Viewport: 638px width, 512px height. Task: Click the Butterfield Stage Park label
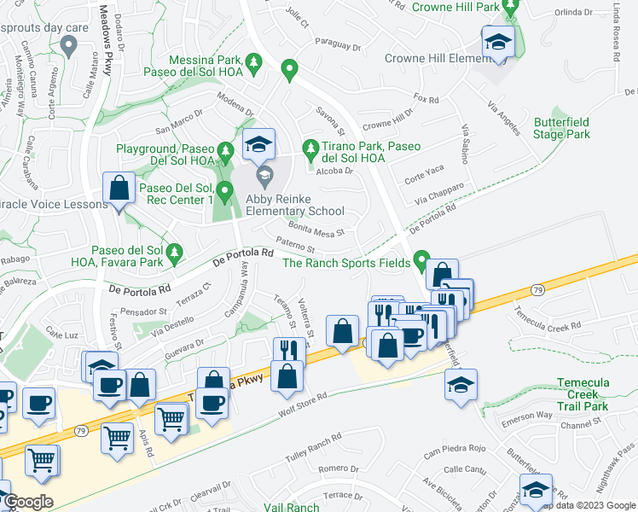coord(561,129)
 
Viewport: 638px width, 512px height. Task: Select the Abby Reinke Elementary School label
coord(294,205)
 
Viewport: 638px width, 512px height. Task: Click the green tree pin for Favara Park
coord(174,253)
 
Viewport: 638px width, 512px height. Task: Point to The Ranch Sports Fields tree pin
coord(420,259)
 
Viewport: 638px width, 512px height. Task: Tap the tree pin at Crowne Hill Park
coord(511,7)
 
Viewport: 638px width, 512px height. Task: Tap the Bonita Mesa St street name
coord(316,230)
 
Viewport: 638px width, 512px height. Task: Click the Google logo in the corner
coord(28,502)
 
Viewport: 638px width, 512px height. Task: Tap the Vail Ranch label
coord(292,507)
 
